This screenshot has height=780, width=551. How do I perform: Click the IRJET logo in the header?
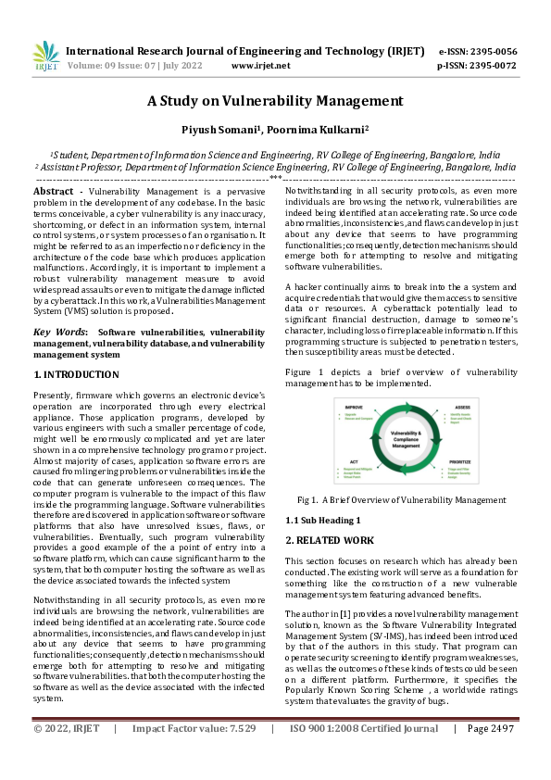coord(45,57)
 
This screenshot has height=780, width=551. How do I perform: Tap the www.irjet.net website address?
coord(260,66)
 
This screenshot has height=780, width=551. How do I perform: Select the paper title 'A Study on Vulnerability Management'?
coord(275,101)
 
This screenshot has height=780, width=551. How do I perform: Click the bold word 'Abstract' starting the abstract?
coord(58,191)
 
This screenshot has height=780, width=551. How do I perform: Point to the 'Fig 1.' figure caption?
coord(307,499)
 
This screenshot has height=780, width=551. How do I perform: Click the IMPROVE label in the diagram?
coord(354,406)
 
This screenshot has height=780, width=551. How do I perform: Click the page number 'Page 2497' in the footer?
coord(491,755)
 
